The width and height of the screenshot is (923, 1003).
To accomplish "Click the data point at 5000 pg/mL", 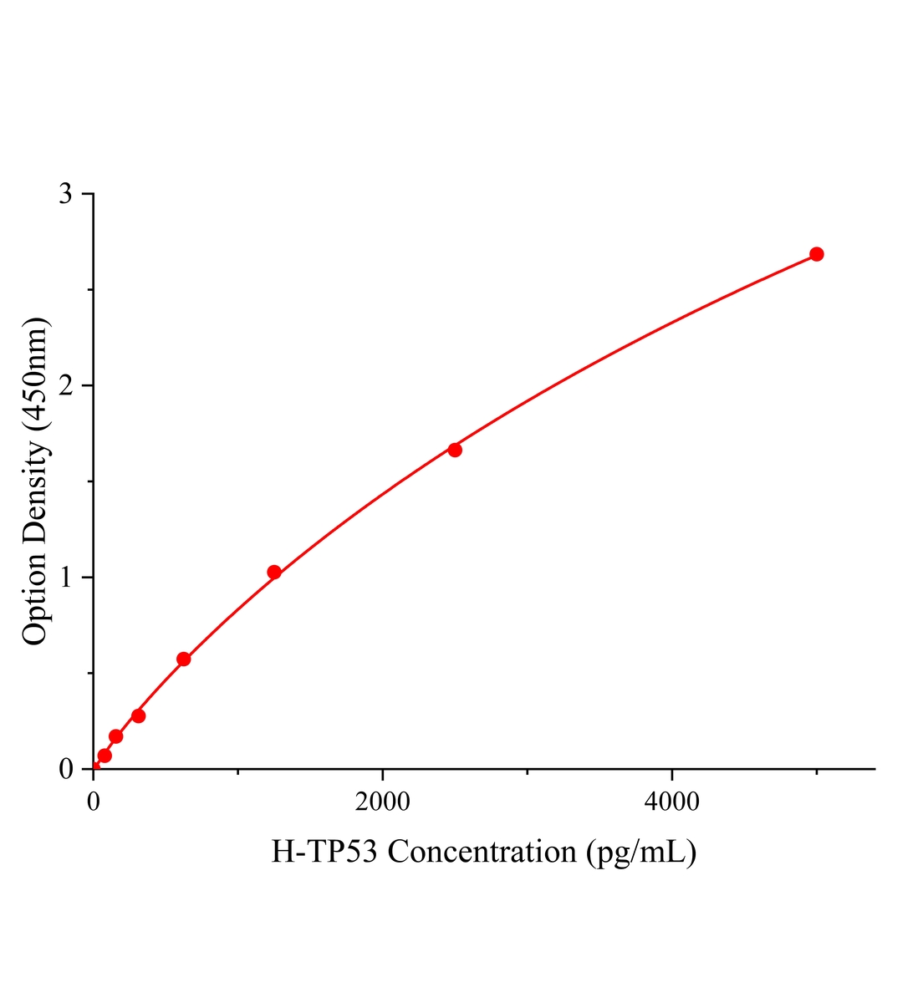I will coord(816,254).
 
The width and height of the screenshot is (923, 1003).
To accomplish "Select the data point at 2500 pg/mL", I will coord(455,450).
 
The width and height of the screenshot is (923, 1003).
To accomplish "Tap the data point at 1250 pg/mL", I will coord(274,573).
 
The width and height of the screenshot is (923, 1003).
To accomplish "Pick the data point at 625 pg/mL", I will coord(184,659).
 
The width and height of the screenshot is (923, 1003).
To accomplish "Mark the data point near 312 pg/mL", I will coord(139,715).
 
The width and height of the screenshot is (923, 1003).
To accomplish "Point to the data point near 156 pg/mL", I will coord(116,736).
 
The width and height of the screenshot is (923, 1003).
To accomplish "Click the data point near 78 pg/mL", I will coord(105,756).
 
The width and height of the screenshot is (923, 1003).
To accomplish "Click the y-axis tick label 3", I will coord(65,194).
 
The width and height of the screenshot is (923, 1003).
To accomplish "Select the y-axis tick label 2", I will coord(65,385).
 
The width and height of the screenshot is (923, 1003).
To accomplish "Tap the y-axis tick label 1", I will coord(65,578).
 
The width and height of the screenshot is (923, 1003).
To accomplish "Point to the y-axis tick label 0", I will coord(65,769).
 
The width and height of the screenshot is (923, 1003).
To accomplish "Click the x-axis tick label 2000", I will coord(382,802).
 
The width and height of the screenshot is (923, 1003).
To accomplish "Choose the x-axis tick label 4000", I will coord(671,802).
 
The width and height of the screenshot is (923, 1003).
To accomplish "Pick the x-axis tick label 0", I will coord(94,802).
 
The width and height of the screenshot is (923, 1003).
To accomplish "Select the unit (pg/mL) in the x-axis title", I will coord(640,853).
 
